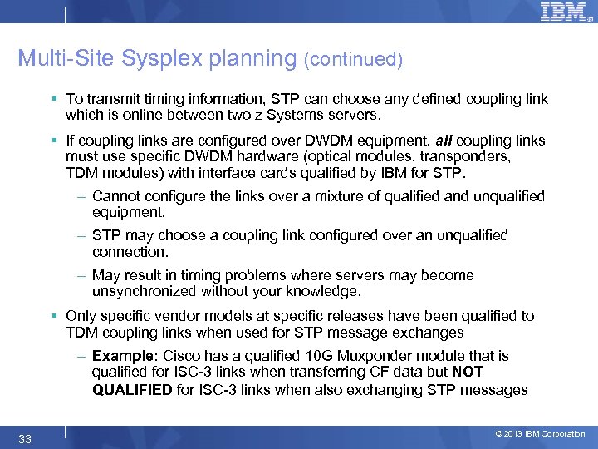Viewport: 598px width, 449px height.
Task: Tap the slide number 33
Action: pyautogui.click(x=25, y=439)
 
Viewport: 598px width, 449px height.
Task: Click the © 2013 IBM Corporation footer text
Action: pyautogui.click(x=540, y=434)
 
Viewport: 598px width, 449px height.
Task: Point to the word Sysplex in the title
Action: pyautogui.click(x=160, y=59)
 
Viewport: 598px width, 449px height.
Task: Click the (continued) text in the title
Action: pyautogui.click(x=354, y=60)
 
